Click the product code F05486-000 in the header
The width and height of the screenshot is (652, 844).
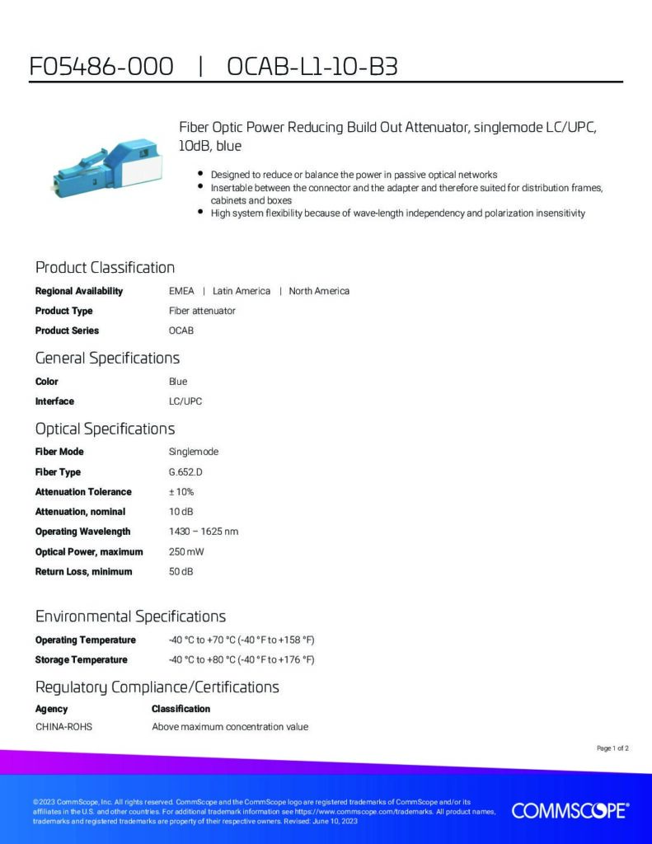(x=101, y=67)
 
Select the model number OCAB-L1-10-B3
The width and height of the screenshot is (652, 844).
(x=312, y=67)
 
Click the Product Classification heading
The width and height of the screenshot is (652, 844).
(x=105, y=267)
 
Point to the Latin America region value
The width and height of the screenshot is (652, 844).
(x=241, y=291)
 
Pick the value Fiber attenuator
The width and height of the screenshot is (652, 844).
(x=202, y=311)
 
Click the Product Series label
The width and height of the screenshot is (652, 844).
(x=67, y=331)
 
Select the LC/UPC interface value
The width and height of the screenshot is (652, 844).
(x=185, y=401)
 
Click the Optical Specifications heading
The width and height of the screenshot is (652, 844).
(x=105, y=429)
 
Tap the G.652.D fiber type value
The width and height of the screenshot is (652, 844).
(x=185, y=472)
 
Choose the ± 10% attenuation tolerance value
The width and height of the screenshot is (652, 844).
(x=181, y=492)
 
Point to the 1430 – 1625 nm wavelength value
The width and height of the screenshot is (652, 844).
(x=203, y=532)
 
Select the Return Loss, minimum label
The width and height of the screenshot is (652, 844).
(x=83, y=571)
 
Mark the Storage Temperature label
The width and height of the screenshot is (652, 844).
(x=81, y=659)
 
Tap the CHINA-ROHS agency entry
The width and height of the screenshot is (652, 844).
(x=63, y=727)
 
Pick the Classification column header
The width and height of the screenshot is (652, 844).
(x=181, y=709)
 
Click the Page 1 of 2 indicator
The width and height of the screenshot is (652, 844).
(x=612, y=748)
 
